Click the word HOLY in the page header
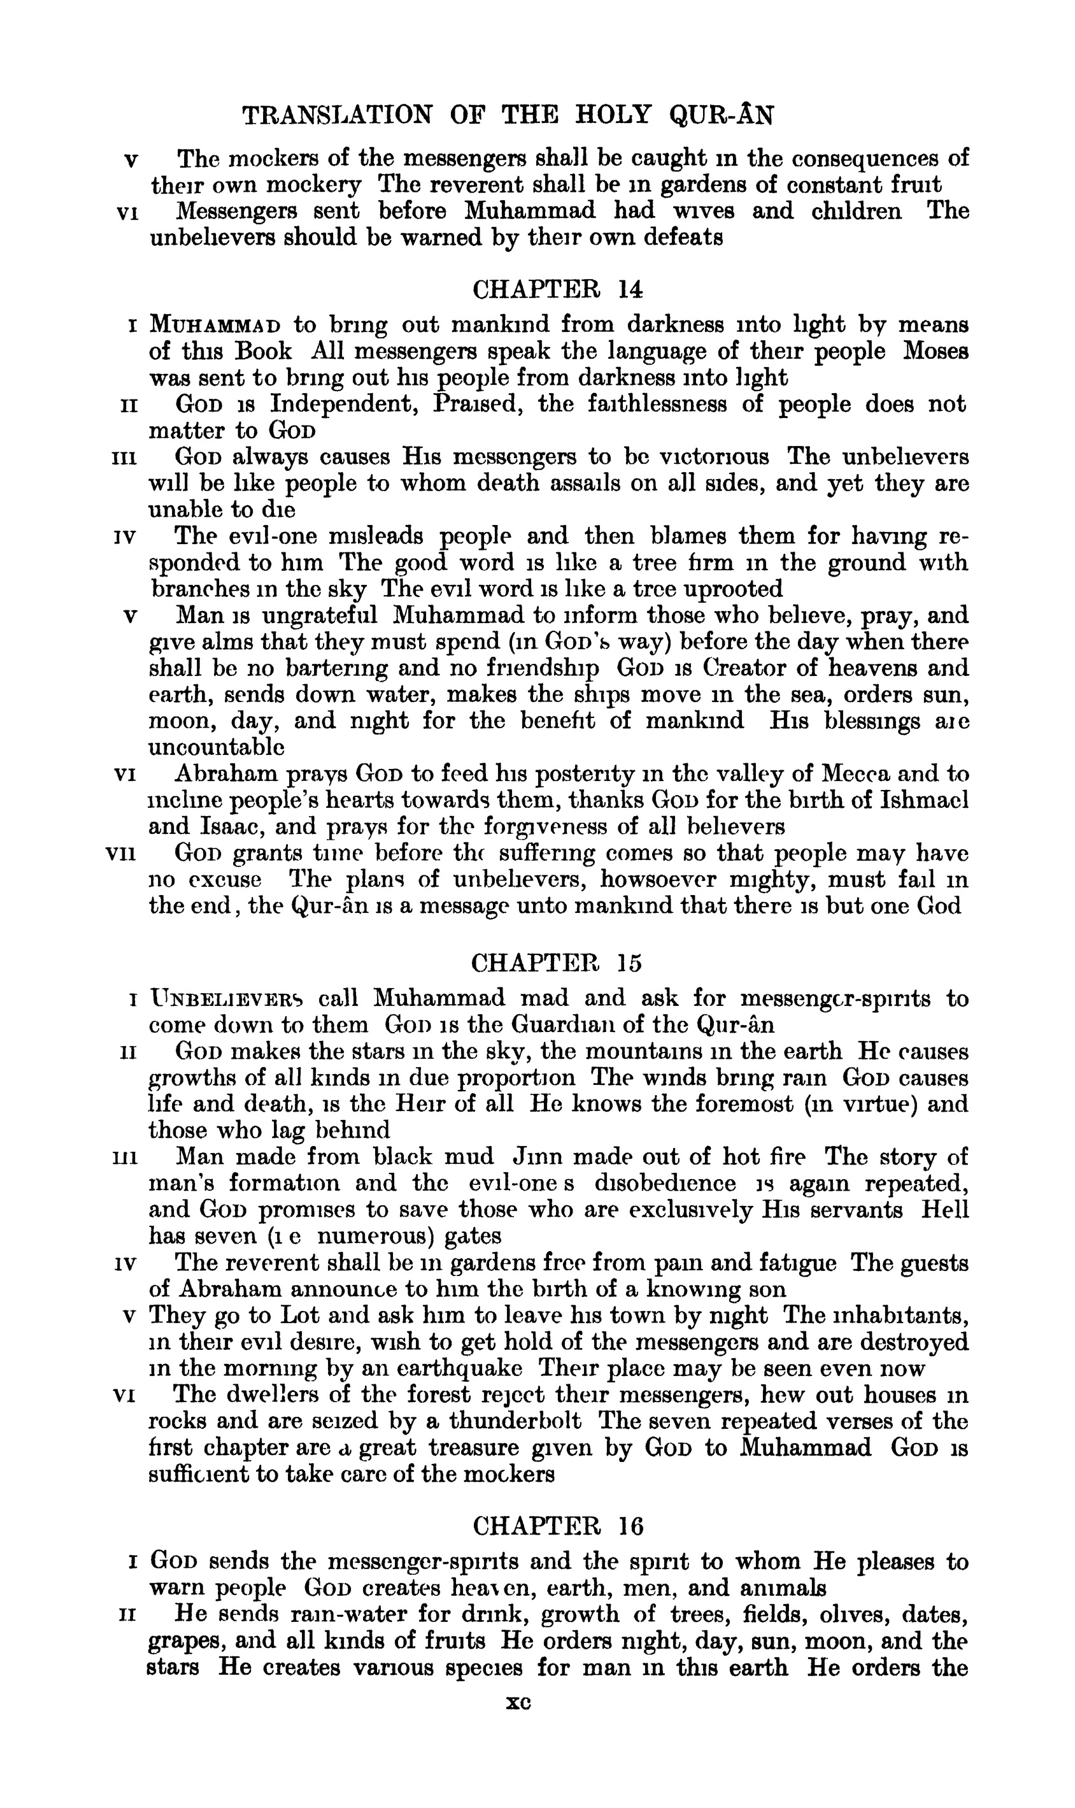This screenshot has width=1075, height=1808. (613, 115)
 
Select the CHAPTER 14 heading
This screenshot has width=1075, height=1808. (557, 290)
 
